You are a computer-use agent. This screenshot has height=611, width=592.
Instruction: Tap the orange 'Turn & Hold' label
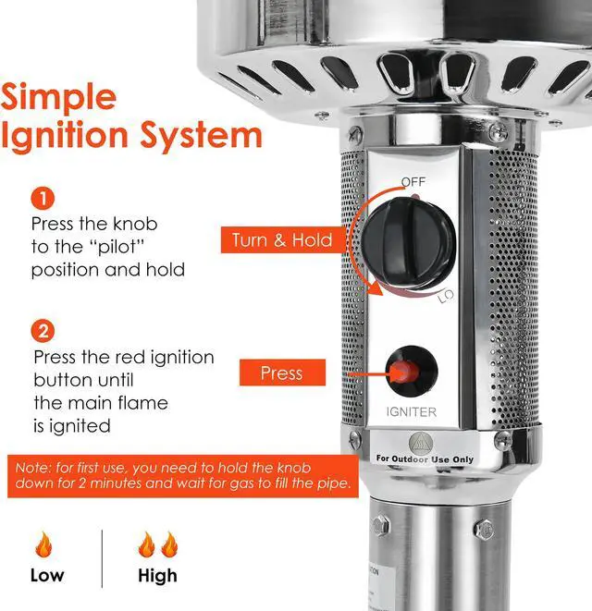pyautogui.click(x=281, y=240)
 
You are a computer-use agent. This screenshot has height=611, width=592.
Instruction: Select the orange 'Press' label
pyautogui.click(x=281, y=373)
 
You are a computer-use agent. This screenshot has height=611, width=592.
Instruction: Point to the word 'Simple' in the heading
pyautogui.click(x=59, y=97)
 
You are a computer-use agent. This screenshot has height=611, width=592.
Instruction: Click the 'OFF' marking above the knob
pyautogui.click(x=413, y=182)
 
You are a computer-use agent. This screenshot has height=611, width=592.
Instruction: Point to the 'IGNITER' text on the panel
pyautogui.click(x=412, y=412)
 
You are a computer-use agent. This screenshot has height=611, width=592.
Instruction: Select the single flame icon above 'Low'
pyautogui.click(x=43, y=544)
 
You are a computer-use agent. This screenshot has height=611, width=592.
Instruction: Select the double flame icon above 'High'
pyautogui.click(x=157, y=544)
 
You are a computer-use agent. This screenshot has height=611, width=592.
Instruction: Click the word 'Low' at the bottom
pyautogui.click(x=47, y=576)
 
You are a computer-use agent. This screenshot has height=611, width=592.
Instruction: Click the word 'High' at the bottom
pyautogui.click(x=157, y=576)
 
